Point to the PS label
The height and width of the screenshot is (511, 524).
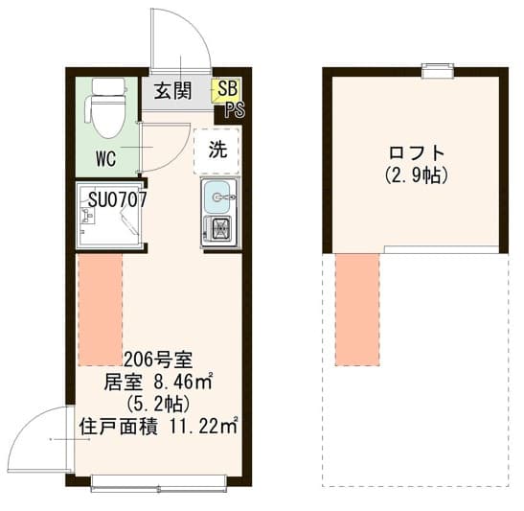(x=233, y=109)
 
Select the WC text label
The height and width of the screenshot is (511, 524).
(x=106, y=158)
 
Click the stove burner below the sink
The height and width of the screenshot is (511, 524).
(x=218, y=230)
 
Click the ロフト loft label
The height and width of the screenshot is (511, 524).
(x=417, y=153)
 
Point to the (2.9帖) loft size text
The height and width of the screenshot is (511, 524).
(x=417, y=175)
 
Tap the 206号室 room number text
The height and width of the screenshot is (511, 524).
(x=158, y=360)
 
